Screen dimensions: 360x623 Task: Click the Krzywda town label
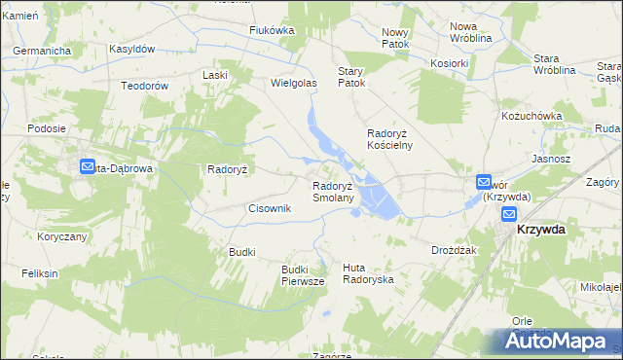[x=542, y=229]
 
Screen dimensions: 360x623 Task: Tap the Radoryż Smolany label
[x=339, y=192]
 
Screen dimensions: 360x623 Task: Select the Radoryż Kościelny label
[x=389, y=139]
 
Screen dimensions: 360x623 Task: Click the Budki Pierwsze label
[x=302, y=275]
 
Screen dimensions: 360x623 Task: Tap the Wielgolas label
[x=294, y=84]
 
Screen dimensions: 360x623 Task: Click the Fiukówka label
[x=272, y=30]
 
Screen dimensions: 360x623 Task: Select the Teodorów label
[x=145, y=86]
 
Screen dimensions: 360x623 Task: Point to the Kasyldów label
[x=132, y=49]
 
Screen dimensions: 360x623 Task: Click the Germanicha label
[x=43, y=50]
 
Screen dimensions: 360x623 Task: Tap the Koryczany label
[x=62, y=236]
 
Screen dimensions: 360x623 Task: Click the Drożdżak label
[x=453, y=250]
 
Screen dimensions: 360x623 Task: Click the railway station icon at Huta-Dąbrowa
[x=87, y=167]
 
